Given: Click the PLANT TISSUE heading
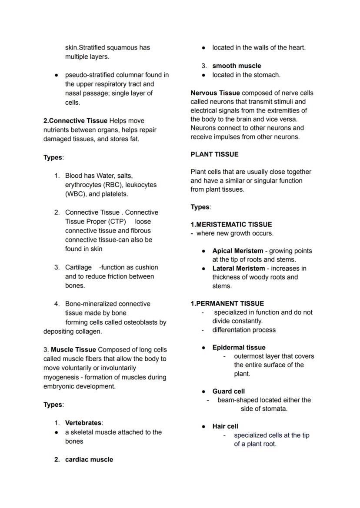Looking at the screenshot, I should tap(214, 154).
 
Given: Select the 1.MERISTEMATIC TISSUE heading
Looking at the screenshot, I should tap(231, 224).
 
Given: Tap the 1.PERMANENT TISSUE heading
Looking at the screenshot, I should tap(227, 303).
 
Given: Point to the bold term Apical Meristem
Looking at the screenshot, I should tap(237, 251).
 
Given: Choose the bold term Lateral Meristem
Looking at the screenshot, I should tap(238, 268).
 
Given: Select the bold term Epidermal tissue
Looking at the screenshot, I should tap(239, 347).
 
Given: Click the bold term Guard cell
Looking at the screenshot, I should tap(228, 391).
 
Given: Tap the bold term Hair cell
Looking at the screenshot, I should tap(225, 426).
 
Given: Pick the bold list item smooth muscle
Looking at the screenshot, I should tap(237, 66).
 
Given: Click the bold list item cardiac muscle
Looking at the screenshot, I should tap(89, 459).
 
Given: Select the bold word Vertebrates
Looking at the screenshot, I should tap(83, 422).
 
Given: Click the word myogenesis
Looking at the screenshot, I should tap(60, 377).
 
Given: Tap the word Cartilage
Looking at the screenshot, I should tap(78, 267).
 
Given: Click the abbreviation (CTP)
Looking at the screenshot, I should tap(116, 221).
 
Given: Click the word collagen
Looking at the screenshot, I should tap(89, 331).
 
